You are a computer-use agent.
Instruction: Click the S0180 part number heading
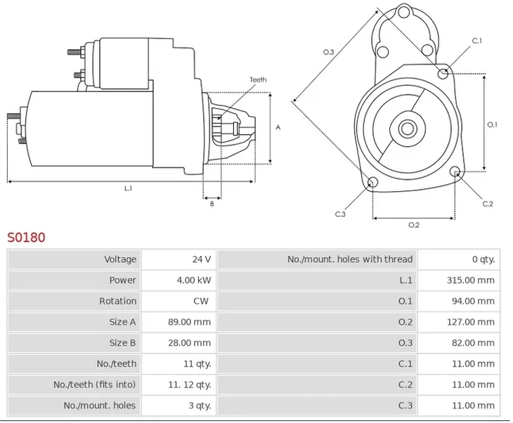tap(26, 237)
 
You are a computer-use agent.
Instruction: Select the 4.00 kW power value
tap(194, 280)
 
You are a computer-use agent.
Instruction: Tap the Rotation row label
tap(118, 301)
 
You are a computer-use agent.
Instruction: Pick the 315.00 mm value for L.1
tap(470, 280)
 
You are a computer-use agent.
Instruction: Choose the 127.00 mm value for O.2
tap(470, 322)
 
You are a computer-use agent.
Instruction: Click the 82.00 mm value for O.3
tap(473, 343)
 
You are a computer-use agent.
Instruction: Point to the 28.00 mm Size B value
tap(190, 343)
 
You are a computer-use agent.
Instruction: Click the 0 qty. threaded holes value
tap(483, 259)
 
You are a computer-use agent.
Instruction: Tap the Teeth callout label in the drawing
tap(258, 80)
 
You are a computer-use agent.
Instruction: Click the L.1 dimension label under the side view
tap(128, 188)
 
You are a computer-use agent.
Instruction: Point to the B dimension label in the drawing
tap(212, 204)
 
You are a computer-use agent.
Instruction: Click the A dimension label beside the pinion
tap(278, 127)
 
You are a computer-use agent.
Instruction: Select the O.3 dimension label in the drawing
tap(328, 52)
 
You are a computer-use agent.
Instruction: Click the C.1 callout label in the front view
tap(476, 41)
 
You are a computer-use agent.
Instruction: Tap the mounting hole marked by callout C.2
tap(455, 171)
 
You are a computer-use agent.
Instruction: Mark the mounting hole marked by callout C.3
tap(373, 182)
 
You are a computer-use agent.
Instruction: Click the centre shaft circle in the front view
tap(407, 129)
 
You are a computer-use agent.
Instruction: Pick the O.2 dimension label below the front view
tap(414, 225)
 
